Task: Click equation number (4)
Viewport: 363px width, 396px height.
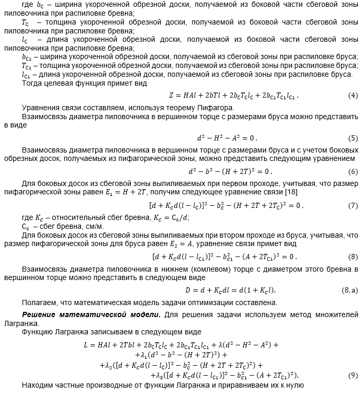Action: click(353, 96)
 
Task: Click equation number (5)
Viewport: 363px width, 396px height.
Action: click(353, 138)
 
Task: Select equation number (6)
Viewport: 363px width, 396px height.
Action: click(353, 171)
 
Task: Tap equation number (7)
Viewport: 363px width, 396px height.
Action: click(353, 205)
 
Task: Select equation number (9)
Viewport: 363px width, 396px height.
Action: click(353, 375)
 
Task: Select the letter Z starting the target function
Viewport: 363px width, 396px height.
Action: click(171, 96)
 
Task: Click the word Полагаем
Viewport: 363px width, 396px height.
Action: click(40, 302)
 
